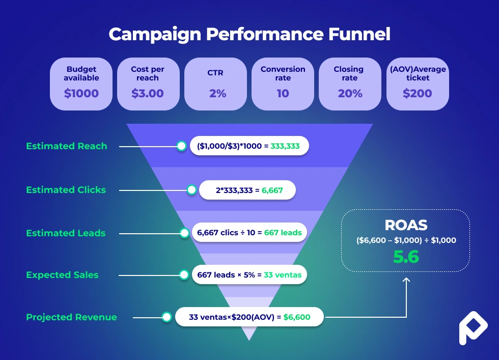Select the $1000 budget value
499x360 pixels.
81,94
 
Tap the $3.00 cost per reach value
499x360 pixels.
148,94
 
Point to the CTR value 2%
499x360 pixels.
215,94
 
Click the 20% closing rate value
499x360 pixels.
350,94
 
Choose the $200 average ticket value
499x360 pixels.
418,94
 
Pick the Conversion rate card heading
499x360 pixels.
283,73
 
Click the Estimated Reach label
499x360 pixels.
67,146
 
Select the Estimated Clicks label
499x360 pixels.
66,190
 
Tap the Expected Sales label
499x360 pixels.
62,275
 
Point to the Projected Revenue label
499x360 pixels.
71,317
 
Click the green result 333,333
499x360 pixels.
285,146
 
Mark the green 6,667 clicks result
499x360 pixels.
272,190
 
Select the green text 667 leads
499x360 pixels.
283,233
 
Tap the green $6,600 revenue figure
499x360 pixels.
297,317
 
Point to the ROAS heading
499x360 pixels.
406,226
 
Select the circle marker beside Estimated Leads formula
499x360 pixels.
185,233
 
